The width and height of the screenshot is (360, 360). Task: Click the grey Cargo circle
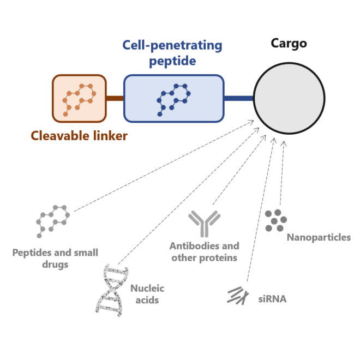pos(290,98)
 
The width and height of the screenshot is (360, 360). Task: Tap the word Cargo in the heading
pos(289,43)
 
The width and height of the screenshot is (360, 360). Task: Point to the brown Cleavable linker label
pos(79,136)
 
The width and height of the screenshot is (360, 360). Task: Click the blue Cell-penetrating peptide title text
pos(172,52)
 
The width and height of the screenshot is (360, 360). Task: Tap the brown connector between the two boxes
pos(115,98)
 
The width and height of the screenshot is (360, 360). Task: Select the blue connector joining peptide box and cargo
pos(239,98)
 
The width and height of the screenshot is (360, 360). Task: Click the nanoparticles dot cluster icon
pos(276,219)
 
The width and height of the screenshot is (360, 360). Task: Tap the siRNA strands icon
pos(236,296)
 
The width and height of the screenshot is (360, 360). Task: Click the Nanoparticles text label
pos(319,237)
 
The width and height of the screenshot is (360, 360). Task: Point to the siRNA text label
pos(272,299)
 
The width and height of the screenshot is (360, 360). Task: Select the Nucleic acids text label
pos(147,294)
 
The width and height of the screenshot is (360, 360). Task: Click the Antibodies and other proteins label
pos(204,252)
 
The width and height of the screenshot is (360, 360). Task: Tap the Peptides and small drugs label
pos(55,259)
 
